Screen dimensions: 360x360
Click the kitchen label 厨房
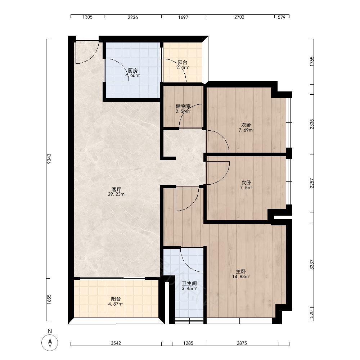tap(133, 71)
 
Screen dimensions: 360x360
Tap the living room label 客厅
tap(116, 189)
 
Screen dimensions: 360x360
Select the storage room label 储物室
tap(183, 106)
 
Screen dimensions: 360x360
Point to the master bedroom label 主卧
tap(241, 271)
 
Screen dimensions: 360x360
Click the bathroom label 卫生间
tap(189, 284)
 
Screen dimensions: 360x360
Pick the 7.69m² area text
tap(246, 130)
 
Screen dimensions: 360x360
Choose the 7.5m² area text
tap(246, 188)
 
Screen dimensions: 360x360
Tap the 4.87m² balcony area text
tap(116, 304)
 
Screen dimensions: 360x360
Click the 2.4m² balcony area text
tap(183, 68)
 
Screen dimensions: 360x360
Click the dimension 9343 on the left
tap(49, 159)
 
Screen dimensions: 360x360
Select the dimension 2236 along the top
tap(133, 17)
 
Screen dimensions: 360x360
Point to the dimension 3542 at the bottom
tap(116, 343)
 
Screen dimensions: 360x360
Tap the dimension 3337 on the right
tap(311, 265)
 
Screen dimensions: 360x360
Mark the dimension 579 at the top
tap(282, 17)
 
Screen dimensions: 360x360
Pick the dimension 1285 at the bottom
tap(188, 343)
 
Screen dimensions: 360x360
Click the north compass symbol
tap(50, 343)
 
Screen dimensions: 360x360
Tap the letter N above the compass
tap(50, 331)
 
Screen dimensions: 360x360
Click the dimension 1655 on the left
tap(49, 300)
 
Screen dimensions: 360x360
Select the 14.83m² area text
tap(241, 276)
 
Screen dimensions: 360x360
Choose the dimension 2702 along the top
tap(239, 17)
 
